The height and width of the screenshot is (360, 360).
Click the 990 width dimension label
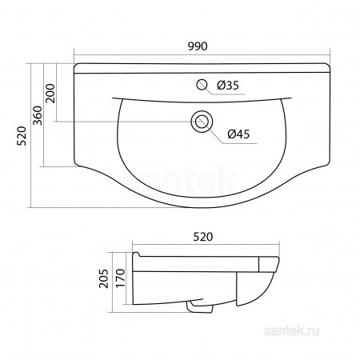click(x=198, y=46)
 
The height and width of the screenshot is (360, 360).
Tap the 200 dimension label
click(x=50, y=94)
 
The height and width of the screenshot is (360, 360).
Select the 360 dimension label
click(x=38, y=115)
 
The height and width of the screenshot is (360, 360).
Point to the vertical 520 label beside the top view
click(x=22, y=136)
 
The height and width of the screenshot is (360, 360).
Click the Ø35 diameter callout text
click(x=228, y=86)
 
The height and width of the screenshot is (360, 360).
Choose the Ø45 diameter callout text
click(x=238, y=134)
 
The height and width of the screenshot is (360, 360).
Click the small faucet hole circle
click(x=202, y=85)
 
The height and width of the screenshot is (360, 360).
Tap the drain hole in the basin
click(x=202, y=122)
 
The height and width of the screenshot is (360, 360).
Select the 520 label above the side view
click(x=203, y=237)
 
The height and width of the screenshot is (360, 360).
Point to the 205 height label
click(x=104, y=278)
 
